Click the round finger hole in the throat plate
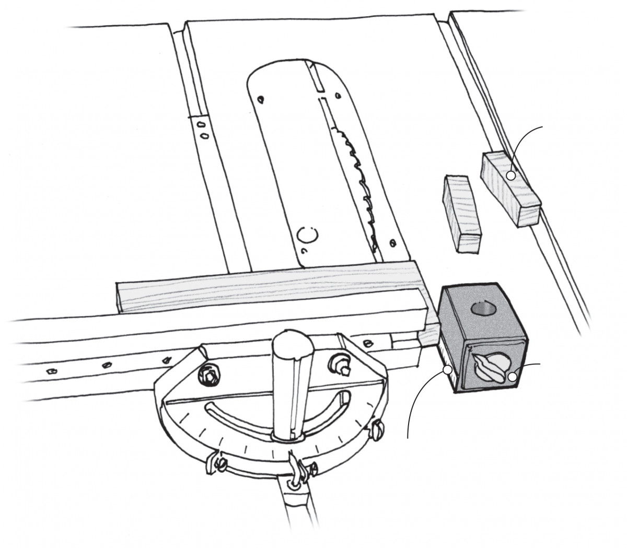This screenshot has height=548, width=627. (x=305, y=237)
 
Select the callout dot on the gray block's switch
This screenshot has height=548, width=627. (x=513, y=375)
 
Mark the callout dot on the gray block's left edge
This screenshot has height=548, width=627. (x=447, y=370)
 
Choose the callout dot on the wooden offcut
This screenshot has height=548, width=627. (x=510, y=176)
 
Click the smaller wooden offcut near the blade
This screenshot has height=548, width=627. (x=461, y=213)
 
